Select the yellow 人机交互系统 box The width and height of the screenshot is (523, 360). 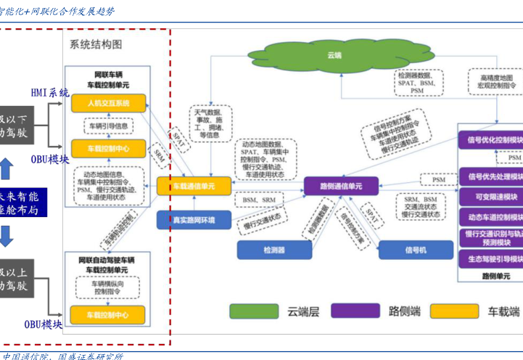(109, 103)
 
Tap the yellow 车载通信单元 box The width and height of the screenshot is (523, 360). (193, 187)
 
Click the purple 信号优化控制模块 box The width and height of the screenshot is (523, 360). (492, 139)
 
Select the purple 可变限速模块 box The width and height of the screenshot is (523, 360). (492, 197)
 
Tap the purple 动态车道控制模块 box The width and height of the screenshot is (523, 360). (492, 216)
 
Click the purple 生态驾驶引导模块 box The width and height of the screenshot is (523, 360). (492, 257)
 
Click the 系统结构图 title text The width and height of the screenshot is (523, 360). (96, 45)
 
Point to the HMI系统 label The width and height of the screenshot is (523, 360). (50, 93)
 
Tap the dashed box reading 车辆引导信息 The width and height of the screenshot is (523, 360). (108, 126)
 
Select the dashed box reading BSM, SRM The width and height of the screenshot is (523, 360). (259, 199)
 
